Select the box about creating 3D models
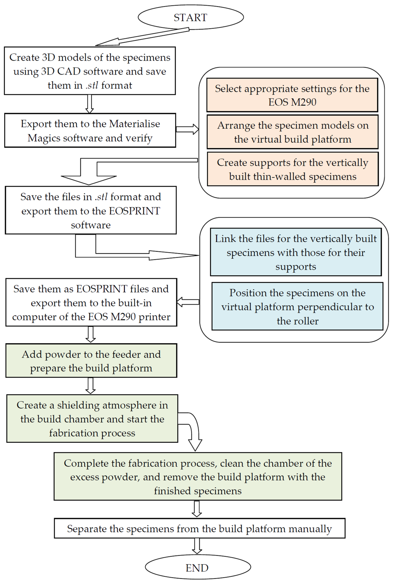pos(90,71)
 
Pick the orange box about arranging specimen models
pos(293,132)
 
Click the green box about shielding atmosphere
pos(92,419)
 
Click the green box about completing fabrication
pos(198,477)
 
